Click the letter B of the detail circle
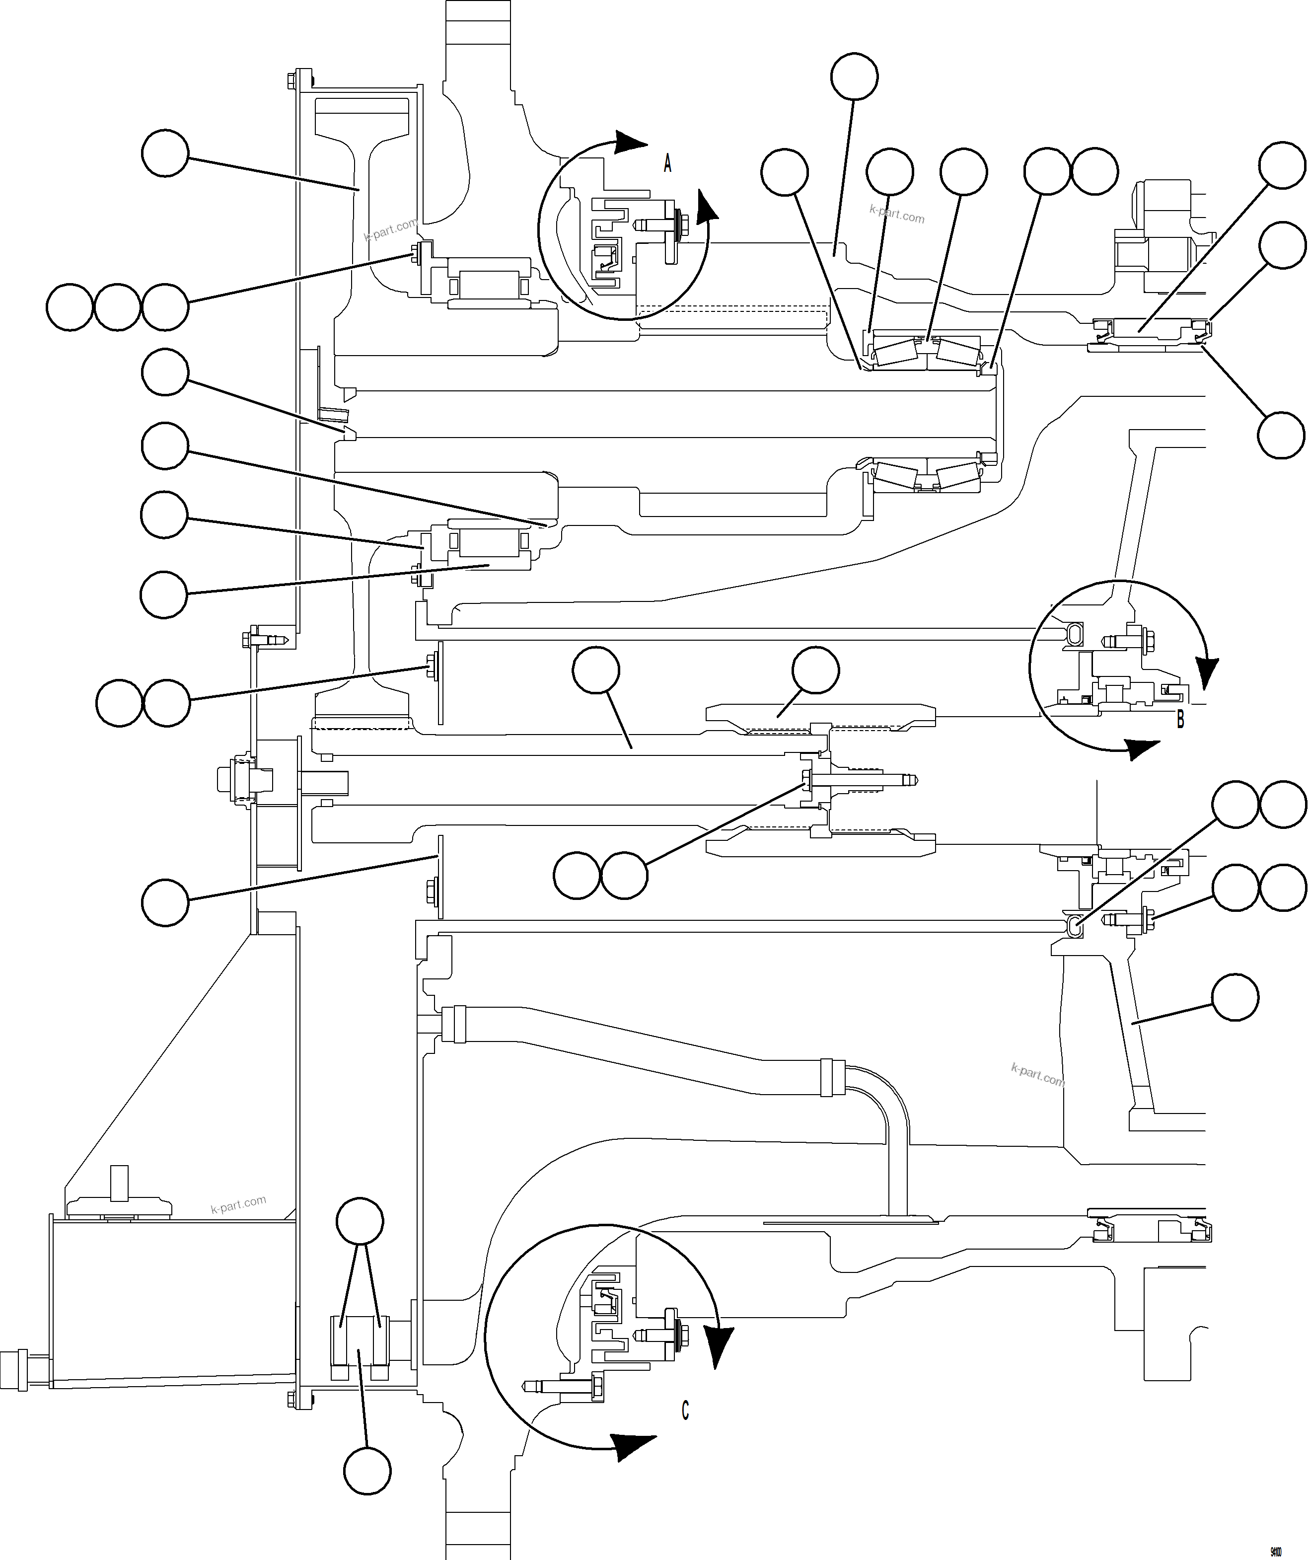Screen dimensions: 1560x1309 [1180, 719]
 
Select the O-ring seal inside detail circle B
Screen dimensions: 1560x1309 [1074, 633]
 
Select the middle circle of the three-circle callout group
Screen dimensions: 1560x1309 [117, 307]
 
